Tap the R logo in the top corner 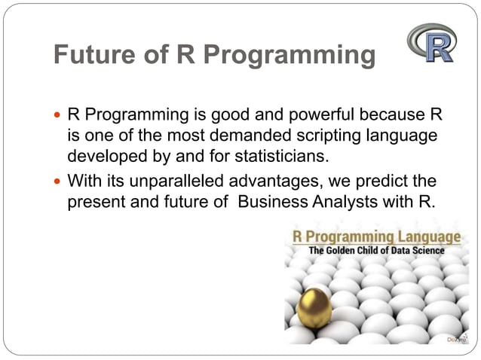click(x=432, y=42)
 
